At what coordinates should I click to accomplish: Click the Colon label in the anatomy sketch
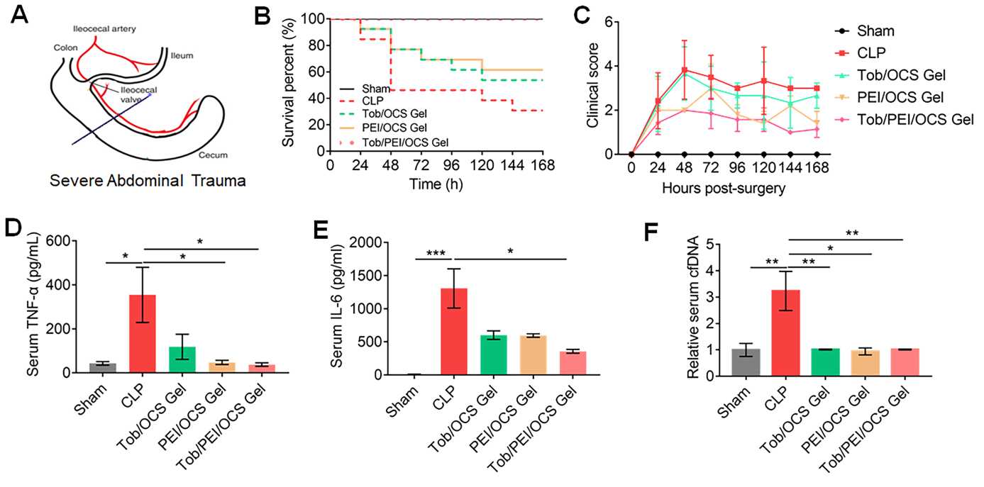pos(65,48)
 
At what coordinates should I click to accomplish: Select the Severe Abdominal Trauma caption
pos(148,181)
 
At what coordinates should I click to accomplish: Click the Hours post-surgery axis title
pos(724,189)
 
